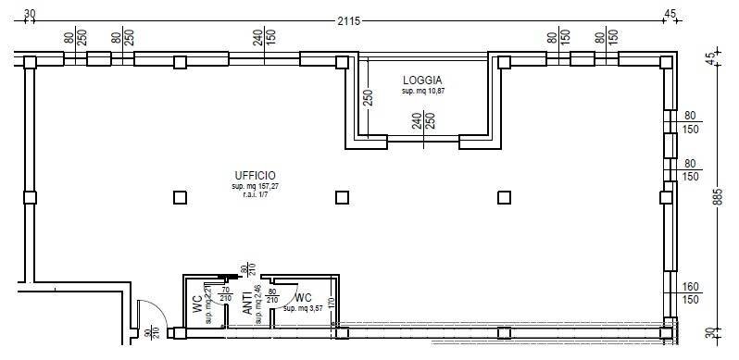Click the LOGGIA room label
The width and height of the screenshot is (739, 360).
(422, 81)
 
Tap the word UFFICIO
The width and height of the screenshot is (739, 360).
(255, 176)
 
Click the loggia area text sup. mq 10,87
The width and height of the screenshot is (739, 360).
(422, 93)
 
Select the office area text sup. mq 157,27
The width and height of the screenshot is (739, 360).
(255, 188)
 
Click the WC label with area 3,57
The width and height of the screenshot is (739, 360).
(303, 298)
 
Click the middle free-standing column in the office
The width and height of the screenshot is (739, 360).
(342, 197)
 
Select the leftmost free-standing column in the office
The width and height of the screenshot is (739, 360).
(180, 197)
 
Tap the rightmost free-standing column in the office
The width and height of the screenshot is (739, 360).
(505, 197)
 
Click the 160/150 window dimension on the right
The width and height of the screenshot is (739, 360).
(690, 293)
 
